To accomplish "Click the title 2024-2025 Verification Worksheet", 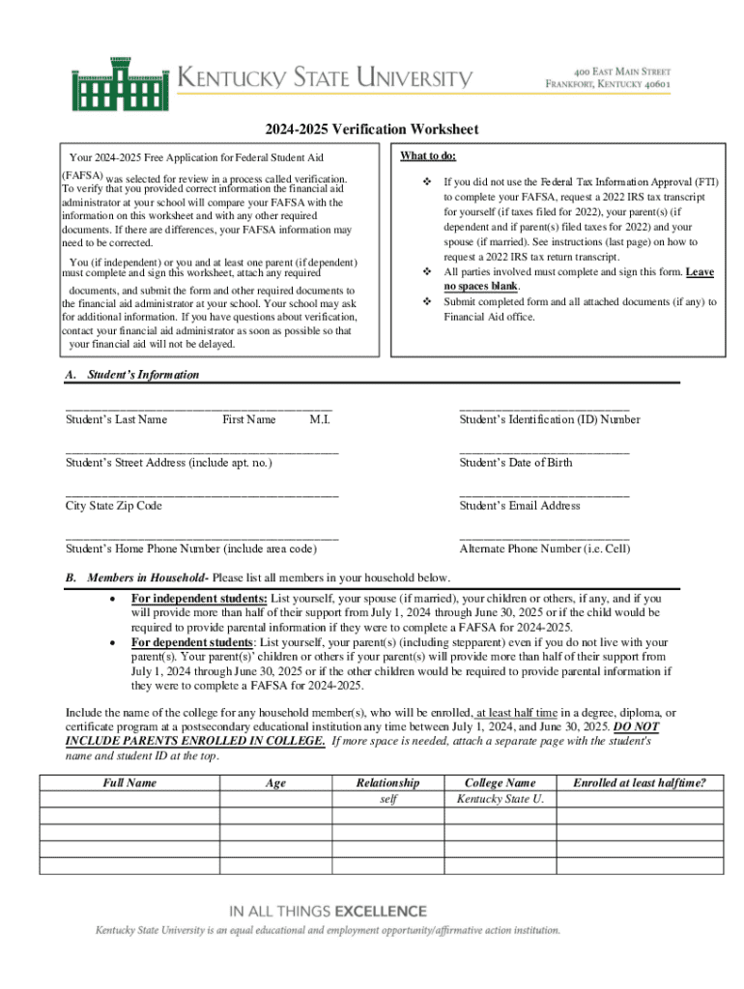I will click(x=372, y=129).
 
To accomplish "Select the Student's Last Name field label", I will click(x=116, y=419).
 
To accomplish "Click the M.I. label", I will click(x=320, y=419).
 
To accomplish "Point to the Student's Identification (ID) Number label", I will click(x=549, y=419).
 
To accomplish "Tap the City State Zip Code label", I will click(x=113, y=505).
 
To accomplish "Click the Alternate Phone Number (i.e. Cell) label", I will click(x=544, y=549).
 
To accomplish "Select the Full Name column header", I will click(x=129, y=782).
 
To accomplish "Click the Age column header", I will click(x=275, y=782).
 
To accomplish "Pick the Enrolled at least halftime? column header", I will click(x=639, y=782).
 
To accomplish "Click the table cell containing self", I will click(x=387, y=799).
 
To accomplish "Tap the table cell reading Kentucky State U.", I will click(x=500, y=799).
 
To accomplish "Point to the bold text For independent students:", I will click(x=199, y=598).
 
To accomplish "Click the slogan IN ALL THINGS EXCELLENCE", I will click(x=327, y=910).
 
